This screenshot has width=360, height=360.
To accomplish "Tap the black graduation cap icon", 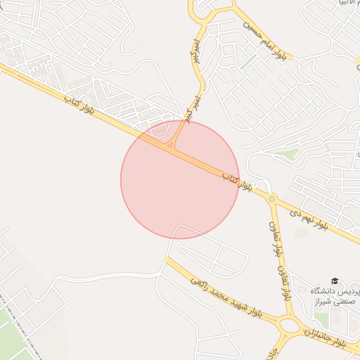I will pos(334,281).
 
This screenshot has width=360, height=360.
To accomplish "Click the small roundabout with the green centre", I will pos(271,199).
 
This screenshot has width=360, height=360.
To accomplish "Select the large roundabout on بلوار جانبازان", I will pos(288,325).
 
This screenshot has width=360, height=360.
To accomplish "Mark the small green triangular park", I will pos(287,153).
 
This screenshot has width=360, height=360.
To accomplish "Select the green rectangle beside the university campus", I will pos(322,320).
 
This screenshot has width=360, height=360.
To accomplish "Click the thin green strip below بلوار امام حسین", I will pos(247,63).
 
